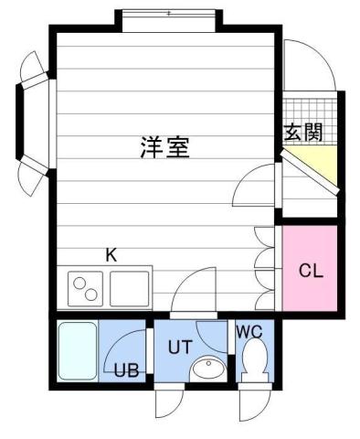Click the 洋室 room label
(x=165, y=147)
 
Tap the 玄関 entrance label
(x=302, y=132)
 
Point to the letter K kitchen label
(x=111, y=255)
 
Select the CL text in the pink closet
(x=311, y=271)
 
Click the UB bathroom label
(x=125, y=371)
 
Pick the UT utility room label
(x=179, y=347)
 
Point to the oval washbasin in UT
(x=209, y=369)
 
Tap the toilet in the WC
(x=252, y=361)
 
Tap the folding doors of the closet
(x=265, y=271)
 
